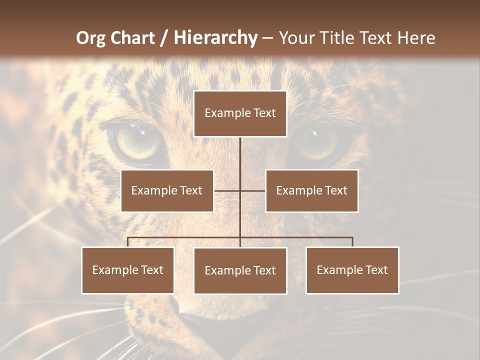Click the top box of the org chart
(240, 113)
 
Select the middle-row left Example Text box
(167, 190)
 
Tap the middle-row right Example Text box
(311, 190)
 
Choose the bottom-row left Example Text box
(128, 270)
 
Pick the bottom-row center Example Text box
(240, 270)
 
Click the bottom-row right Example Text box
(352, 270)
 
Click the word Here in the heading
(416, 38)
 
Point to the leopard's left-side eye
(137, 141)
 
